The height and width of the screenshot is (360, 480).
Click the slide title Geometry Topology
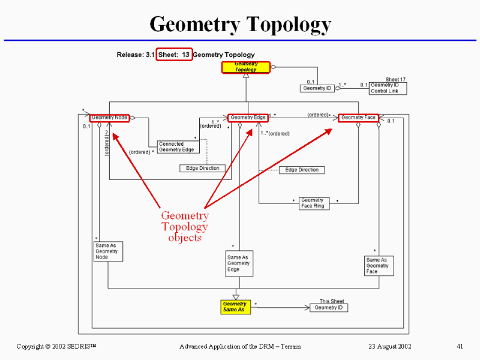coord(240,25)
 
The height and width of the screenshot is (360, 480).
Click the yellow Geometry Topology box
coord(246,67)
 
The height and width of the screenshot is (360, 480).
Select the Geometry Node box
coord(110,118)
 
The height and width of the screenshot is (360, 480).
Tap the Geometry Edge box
coord(247,118)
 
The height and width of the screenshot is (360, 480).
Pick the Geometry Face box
coord(359,118)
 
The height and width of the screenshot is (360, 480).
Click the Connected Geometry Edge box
coord(176,147)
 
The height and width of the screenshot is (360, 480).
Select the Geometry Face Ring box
coord(313,203)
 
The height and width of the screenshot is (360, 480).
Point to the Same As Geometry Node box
coord(108,251)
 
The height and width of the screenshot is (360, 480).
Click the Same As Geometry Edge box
coord(238,263)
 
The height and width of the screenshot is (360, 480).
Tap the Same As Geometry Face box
coord(379,266)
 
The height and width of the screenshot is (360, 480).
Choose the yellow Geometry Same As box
coord(235,307)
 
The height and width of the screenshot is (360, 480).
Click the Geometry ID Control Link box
coord(387,88)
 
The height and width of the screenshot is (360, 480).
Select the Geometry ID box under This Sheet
coord(329,308)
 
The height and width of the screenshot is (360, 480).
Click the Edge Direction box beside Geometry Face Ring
coord(302,170)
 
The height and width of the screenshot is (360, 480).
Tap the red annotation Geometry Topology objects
coord(185,226)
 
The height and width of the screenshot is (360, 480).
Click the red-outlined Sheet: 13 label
coord(175,55)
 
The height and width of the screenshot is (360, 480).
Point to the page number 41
coord(460,346)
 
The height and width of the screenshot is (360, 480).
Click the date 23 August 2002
coord(390,346)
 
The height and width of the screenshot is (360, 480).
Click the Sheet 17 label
coord(395,79)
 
